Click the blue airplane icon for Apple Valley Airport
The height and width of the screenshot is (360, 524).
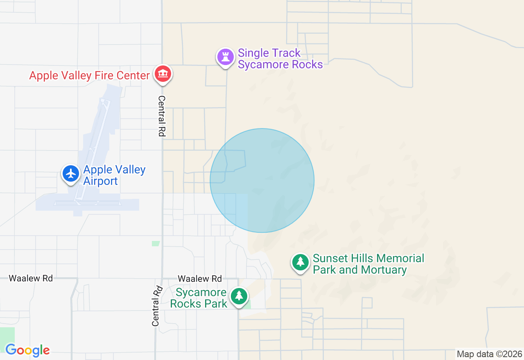(x=71, y=173)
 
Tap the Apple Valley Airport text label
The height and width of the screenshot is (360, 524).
(x=114, y=175)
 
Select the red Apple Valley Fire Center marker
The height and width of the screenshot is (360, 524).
(x=163, y=74)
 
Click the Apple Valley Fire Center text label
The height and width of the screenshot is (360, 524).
(x=89, y=76)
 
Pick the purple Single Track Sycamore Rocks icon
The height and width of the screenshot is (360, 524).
(x=225, y=57)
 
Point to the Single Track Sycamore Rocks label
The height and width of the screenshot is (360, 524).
(x=280, y=59)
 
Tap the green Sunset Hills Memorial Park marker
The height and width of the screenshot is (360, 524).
(x=300, y=262)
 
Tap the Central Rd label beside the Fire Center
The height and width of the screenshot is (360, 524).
(x=162, y=116)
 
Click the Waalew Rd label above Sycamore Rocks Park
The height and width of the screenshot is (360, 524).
(x=200, y=279)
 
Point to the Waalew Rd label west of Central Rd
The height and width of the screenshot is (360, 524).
(x=31, y=278)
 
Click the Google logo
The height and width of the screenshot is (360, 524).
(x=27, y=351)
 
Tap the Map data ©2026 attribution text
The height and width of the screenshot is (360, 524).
(x=490, y=354)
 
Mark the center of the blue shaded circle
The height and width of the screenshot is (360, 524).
(x=262, y=180)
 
